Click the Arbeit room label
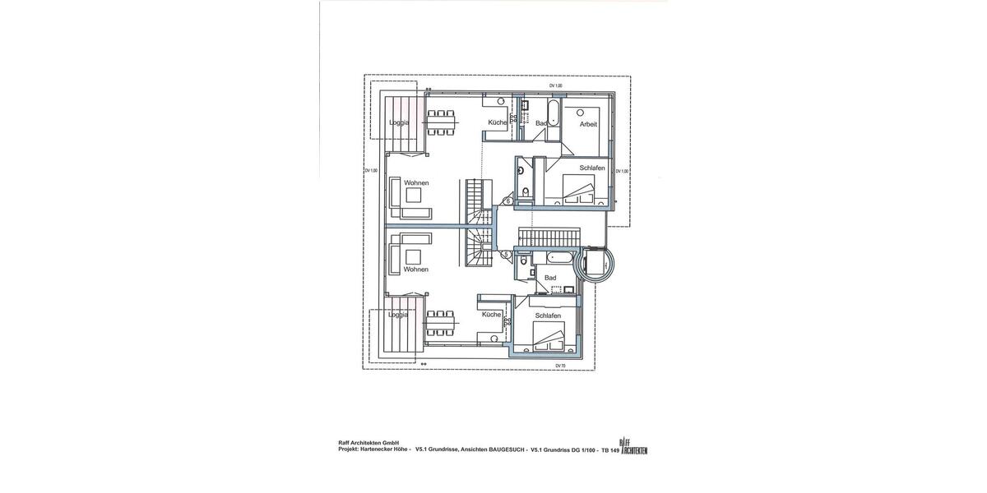[x=588, y=124]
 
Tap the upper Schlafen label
[x=592, y=168]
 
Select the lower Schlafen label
[x=548, y=316]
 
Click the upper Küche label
[x=498, y=122]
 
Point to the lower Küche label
[x=492, y=315]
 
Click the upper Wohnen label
[x=415, y=182]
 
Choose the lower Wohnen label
[x=415, y=269]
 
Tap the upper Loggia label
[x=399, y=122]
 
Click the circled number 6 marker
[x=507, y=200]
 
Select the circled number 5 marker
[x=507, y=255]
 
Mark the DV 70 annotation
[x=559, y=366]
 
